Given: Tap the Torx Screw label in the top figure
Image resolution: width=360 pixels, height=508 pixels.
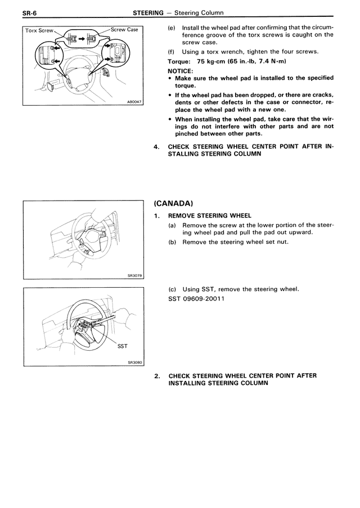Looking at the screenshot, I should (x=39, y=30).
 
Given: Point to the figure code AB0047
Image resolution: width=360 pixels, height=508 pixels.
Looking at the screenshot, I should (x=136, y=102).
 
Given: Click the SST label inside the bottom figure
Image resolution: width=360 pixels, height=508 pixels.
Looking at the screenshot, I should (x=123, y=346).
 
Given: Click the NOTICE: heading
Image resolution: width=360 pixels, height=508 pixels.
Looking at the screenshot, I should (x=181, y=71).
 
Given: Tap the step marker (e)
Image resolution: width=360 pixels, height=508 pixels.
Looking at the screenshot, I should (x=172, y=27).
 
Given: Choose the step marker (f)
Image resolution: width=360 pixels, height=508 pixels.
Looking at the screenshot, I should (x=172, y=52).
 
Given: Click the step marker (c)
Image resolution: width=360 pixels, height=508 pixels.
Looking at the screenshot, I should (x=172, y=289).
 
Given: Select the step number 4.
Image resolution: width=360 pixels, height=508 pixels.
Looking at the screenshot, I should (x=156, y=147).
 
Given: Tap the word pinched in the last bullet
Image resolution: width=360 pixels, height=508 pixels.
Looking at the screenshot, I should (x=188, y=134).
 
